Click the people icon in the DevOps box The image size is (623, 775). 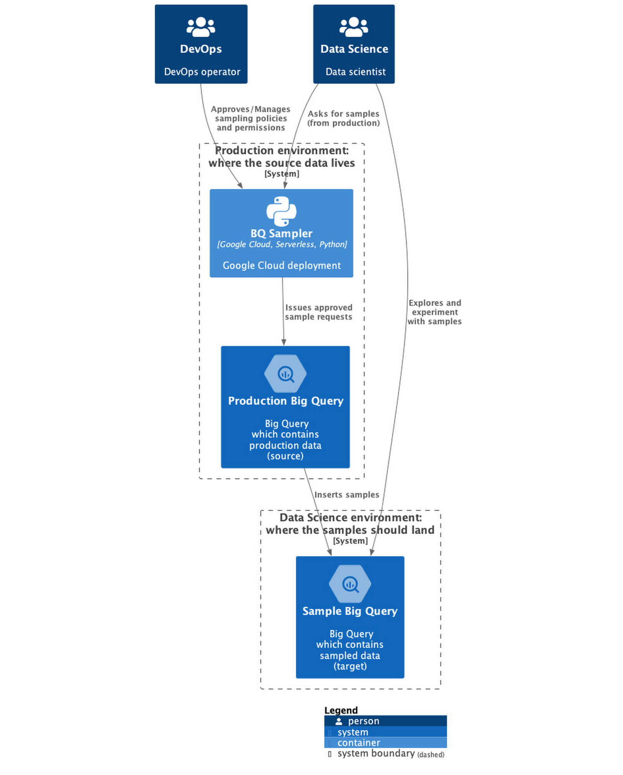(x=200, y=27)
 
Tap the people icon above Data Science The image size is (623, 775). (x=354, y=27)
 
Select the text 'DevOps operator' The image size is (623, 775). (x=202, y=72)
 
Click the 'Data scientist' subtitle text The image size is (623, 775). (x=355, y=72)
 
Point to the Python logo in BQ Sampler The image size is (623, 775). (x=281, y=211)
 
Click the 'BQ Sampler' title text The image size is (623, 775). (x=281, y=233)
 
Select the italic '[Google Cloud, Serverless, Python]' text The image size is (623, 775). (x=282, y=245)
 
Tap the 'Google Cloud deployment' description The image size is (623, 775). (x=281, y=265)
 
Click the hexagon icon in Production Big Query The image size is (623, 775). (x=285, y=374)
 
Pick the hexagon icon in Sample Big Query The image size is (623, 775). (x=350, y=584)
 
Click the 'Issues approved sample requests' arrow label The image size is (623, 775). (x=319, y=312)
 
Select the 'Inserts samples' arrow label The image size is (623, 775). (x=347, y=495)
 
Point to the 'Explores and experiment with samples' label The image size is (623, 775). (x=434, y=312)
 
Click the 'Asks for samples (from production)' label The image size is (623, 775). (x=343, y=118)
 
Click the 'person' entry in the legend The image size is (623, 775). (x=363, y=721)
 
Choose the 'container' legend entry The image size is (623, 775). (x=358, y=743)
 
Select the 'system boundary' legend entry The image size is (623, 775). (x=376, y=754)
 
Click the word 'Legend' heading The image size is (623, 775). (x=341, y=710)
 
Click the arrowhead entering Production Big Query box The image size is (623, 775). (x=284, y=343)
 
